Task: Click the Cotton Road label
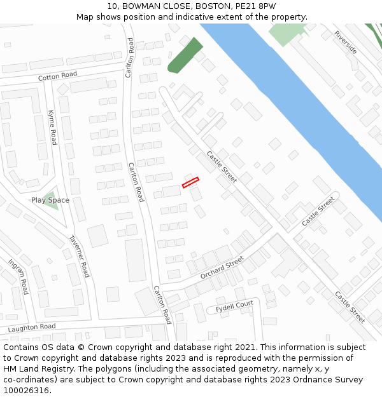57,75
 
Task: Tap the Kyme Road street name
52,127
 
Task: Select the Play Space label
50,200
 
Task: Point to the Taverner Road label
80,256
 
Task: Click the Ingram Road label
18,276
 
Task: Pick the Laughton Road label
31,327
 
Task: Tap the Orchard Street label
222,267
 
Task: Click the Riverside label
349,42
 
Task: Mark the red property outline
190,182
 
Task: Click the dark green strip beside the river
185,55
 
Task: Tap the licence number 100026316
27,391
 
